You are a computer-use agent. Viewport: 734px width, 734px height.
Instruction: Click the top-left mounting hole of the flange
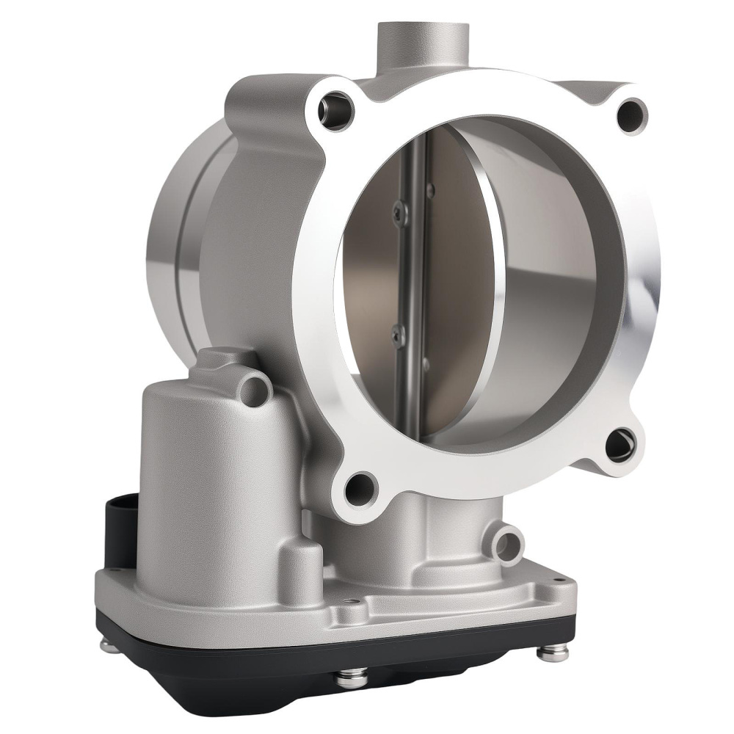(336, 110)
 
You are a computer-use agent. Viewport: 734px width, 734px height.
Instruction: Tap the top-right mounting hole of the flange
(631, 115)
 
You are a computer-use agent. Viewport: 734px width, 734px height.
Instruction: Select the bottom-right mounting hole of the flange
(621, 444)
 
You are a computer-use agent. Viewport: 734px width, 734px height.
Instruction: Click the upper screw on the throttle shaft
(399, 213)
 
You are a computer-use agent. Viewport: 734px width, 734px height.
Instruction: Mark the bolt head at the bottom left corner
(109, 645)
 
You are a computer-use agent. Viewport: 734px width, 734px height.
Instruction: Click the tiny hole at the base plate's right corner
(560, 581)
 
